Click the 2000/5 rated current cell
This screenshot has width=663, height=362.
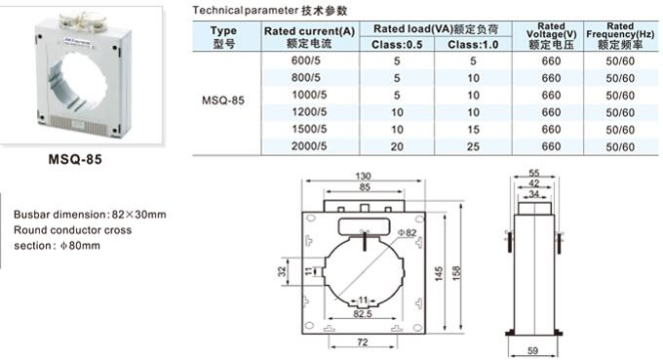coord(309,146)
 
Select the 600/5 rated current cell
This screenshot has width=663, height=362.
coord(306,60)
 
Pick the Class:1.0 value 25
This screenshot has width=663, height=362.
coord(473,147)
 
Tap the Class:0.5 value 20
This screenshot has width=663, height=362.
coord(397,147)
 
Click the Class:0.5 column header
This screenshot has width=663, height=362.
coord(397,45)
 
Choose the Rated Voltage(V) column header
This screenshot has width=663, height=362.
coord(552,36)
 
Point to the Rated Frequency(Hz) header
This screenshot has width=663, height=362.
coord(620,36)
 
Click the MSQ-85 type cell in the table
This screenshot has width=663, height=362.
coord(223,101)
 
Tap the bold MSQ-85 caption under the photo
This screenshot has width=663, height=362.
coord(75,159)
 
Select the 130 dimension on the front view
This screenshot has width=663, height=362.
coord(364,176)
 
